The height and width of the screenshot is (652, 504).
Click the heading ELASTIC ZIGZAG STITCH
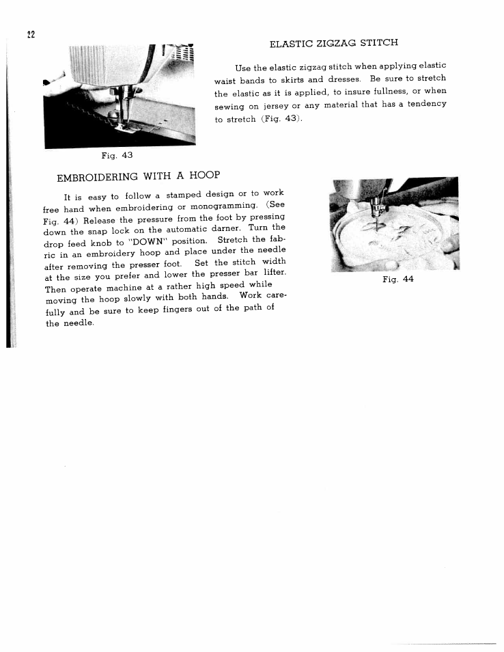coord(334,43)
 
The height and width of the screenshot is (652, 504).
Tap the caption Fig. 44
coord(398,279)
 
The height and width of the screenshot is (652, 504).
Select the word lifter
coord(272,273)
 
